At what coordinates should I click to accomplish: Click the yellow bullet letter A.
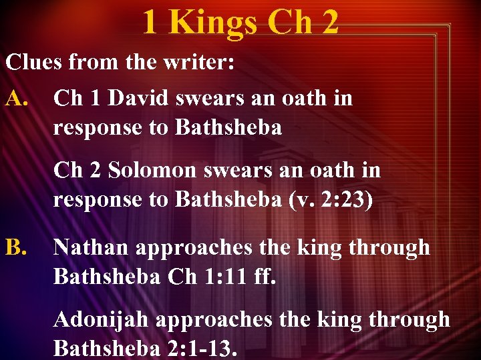coord(17,99)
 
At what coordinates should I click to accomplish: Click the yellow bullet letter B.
coord(17,248)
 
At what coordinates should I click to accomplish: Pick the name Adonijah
coord(104,320)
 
